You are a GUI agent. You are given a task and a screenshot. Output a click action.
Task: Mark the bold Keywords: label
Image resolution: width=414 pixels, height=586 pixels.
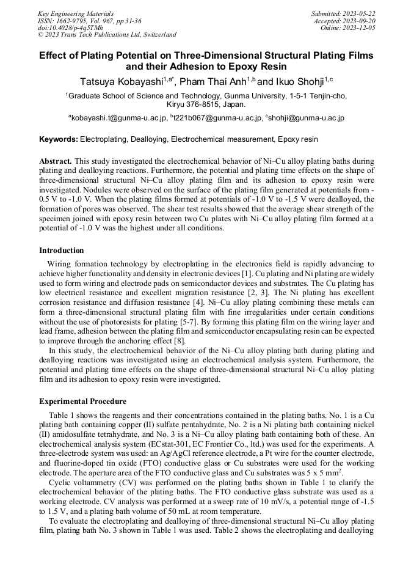point(59,139)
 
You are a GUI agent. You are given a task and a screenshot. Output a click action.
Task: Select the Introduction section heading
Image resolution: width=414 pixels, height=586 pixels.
point(61,251)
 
